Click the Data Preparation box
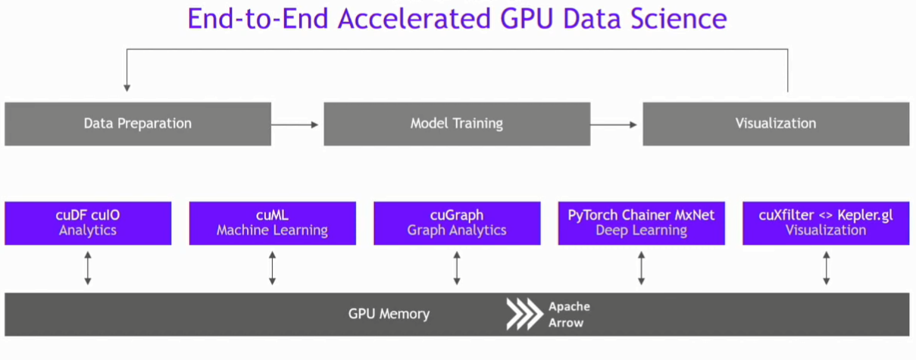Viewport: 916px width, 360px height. [138, 124]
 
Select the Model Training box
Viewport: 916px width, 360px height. [457, 124]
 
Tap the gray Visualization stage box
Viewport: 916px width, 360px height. [776, 124]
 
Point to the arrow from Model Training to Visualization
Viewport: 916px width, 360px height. [616, 124]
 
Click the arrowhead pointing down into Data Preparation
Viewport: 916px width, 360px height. [127, 86]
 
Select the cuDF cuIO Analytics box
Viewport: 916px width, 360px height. [88, 223]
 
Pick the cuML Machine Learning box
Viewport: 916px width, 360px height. [272, 223]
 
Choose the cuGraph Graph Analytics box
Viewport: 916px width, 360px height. [457, 223]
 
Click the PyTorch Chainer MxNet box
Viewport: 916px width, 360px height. [641, 223]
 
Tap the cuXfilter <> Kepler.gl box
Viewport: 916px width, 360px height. [826, 223]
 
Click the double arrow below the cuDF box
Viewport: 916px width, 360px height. [88, 268]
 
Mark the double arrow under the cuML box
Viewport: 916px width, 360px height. [272, 268]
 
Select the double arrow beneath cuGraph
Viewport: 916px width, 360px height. [457, 268]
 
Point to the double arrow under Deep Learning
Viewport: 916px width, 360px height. [641, 268]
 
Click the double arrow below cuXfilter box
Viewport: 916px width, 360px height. [826, 268]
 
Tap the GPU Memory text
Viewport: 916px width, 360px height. [389, 314]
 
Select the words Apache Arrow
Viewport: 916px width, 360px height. [569, 315]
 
